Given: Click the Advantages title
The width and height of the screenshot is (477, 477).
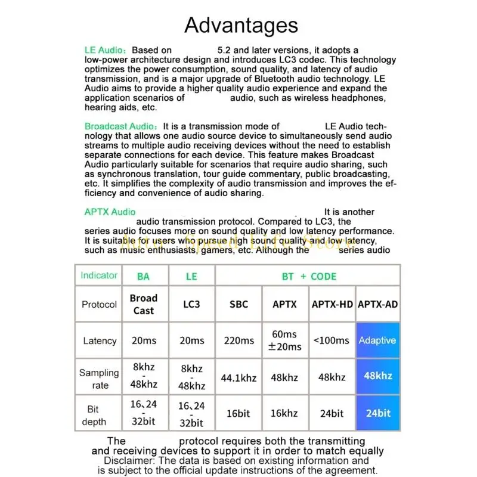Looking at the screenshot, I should click(x=241, y=25).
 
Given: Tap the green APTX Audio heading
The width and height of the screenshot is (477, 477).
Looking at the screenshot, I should click(x=110, y=212).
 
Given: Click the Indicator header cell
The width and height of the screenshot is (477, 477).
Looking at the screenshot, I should click(x=99, y=275).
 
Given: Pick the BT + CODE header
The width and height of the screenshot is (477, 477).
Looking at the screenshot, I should click(x=309, y=277).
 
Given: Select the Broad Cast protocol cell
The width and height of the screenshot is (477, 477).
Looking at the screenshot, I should click(x=144, y=304).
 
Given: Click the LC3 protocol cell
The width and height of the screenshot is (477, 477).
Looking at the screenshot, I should click(x=192, y=304).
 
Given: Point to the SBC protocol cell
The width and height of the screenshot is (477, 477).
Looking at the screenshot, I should click(x=239, y=304).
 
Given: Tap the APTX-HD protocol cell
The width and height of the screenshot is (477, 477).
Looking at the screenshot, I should click(x=332, y=304).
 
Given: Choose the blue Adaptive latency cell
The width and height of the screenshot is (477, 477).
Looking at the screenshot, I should click(x=377, y=340).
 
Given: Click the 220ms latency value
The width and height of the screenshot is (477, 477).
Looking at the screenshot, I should click(x=239, y=340).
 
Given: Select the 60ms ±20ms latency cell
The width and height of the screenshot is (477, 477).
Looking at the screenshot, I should click(x=284, y=340).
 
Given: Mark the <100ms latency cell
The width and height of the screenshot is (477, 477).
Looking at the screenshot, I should click(x=332, y=340).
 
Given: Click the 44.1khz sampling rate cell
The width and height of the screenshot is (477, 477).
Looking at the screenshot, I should click(x=239, y=377).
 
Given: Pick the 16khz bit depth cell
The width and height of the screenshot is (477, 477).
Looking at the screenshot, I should click(x=284, y=413).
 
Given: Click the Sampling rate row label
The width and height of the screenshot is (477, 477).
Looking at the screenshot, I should click(x=99, y=379).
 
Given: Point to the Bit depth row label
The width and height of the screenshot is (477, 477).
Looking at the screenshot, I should click(x=94, y=415).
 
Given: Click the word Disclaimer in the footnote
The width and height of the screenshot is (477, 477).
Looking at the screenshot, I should click(x=129, y=461).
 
